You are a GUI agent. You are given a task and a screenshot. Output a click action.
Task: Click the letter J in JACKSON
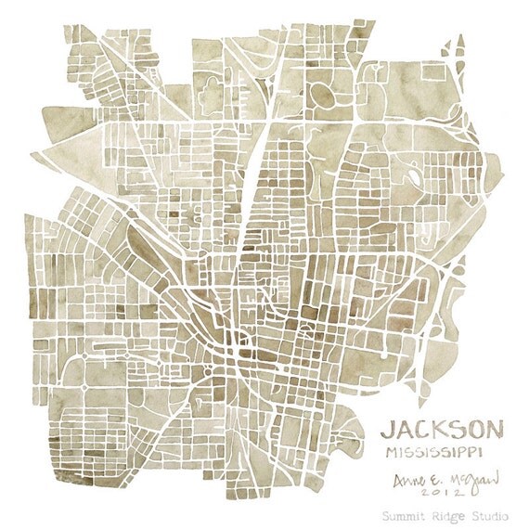(387, 431)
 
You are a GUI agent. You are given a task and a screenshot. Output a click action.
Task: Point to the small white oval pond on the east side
(413, 176)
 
